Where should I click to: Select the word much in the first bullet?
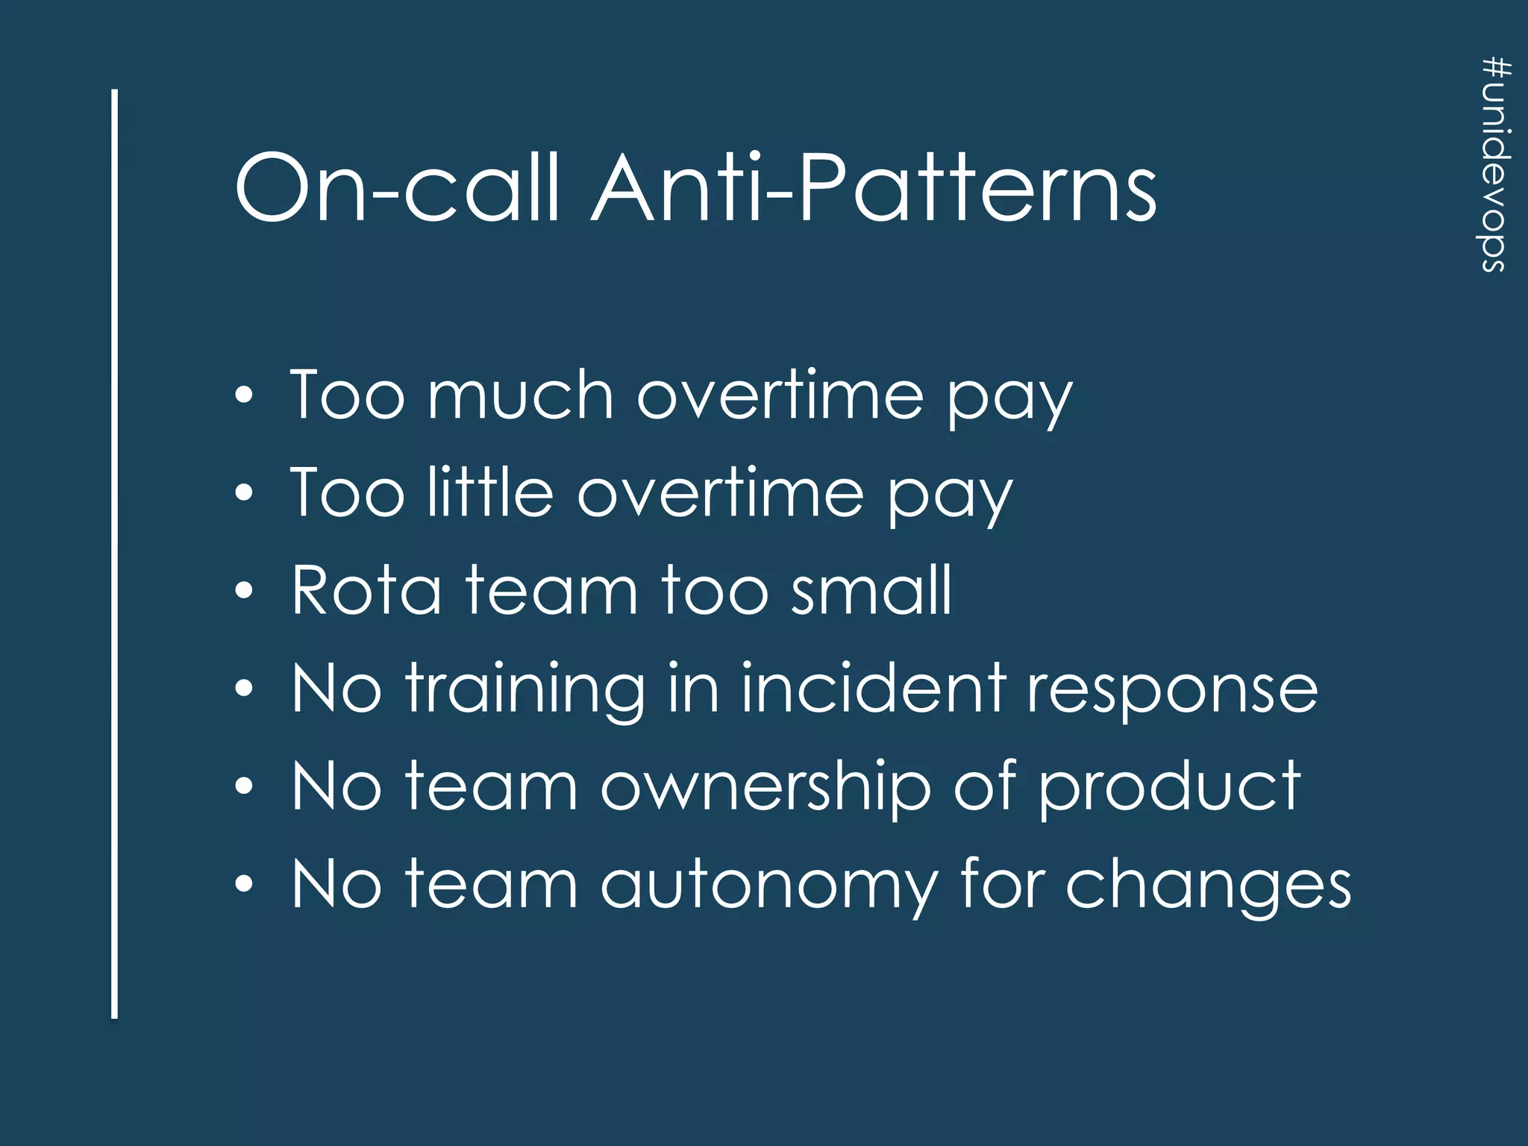(x=520, y=395)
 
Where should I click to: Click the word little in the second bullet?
(x=490, y=492)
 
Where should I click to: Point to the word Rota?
(x=366, y=590)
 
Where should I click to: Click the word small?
(x=871, y=590)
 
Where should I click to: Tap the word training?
(x=525, y=689)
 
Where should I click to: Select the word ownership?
(x=766, y=788)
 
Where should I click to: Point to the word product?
(x=1170, y=788)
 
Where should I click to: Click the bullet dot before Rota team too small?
(x=244, y=591)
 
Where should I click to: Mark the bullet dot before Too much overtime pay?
(x=244, y=395)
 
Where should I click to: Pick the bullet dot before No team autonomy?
(x=244, y=885)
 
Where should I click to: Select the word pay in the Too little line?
(x=949, y=496)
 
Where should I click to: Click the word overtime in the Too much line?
(x=780, y=395)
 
